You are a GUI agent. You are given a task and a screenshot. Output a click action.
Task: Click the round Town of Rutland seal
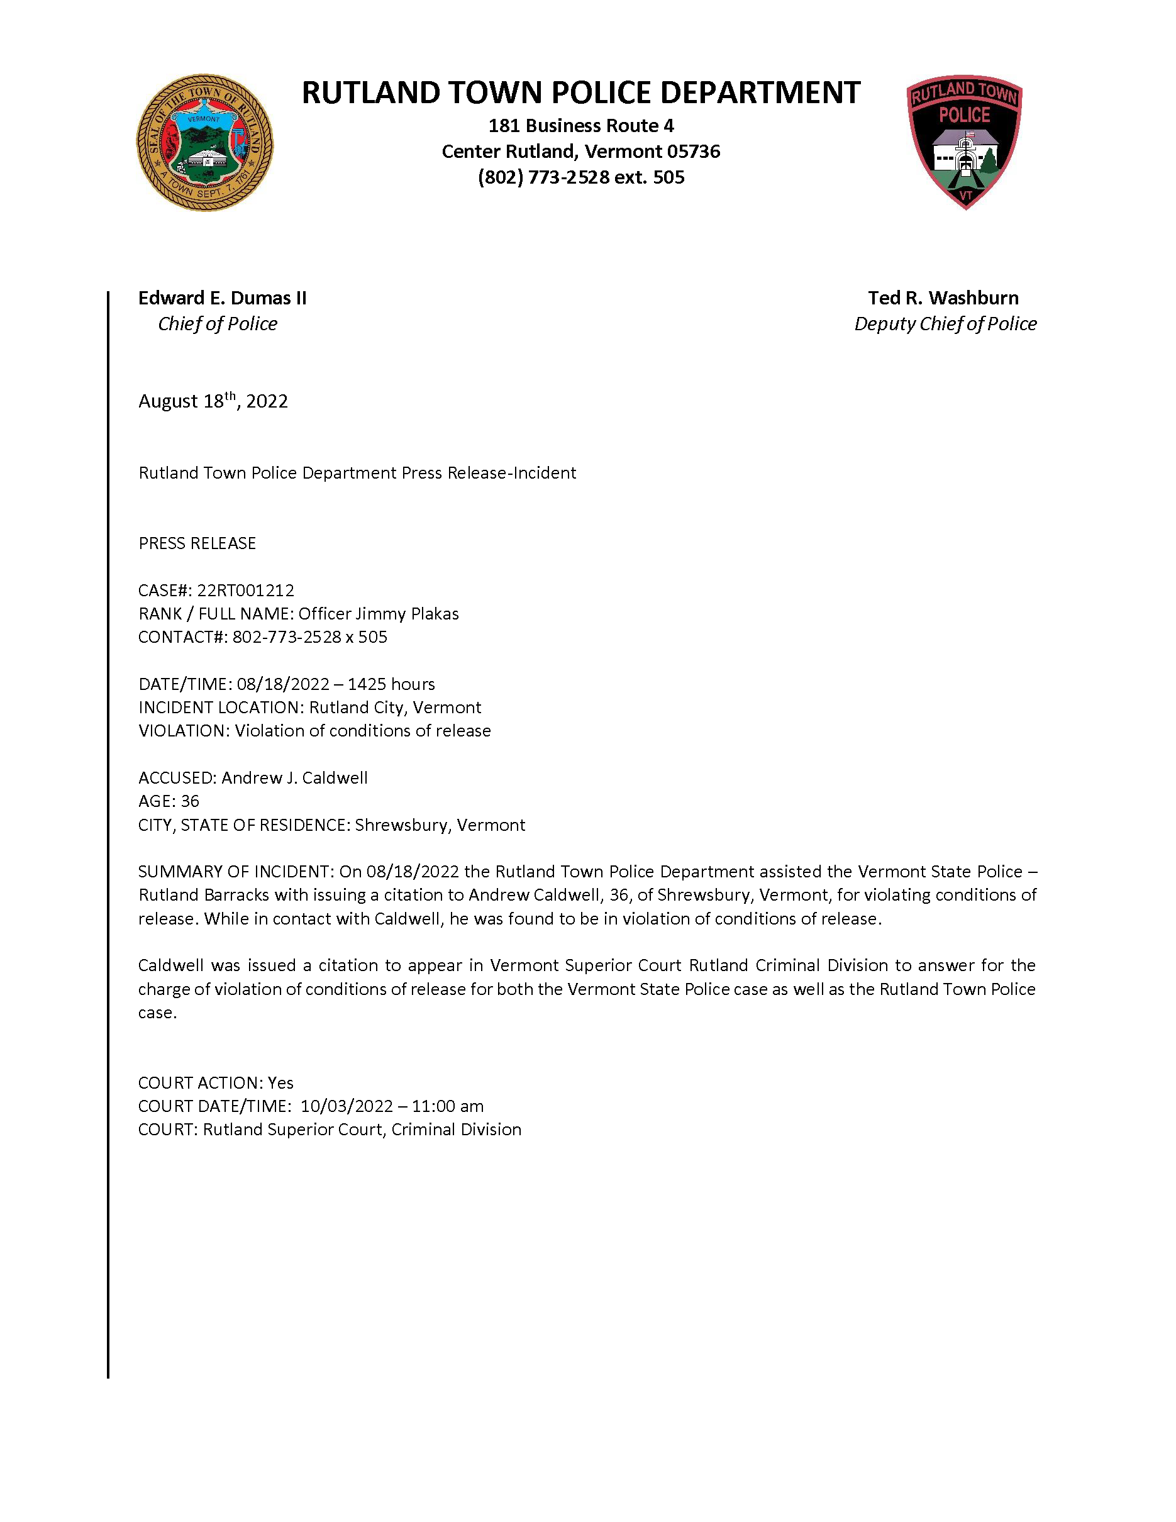tap(204, 143)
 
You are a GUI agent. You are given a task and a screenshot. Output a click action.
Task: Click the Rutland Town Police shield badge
tap(964, 142)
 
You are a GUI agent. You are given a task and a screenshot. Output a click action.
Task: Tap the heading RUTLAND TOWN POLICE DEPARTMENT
tap(580, 92)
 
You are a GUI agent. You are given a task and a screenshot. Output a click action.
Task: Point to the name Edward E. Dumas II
tap(222, 298)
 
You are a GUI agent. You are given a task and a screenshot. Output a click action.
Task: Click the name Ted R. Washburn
tap(943, 298)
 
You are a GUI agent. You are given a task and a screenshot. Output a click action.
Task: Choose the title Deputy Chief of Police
tap(945, 324)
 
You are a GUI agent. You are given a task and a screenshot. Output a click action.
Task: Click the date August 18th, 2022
tap(213, 401)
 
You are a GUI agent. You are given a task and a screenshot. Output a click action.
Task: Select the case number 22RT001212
tap(245, 591)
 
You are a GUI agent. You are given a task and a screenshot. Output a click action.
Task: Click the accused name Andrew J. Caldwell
tap(294, 778)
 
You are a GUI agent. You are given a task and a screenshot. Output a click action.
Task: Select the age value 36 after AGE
tap(190, 801)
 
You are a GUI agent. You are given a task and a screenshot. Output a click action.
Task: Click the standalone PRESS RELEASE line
tap(197, 543)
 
